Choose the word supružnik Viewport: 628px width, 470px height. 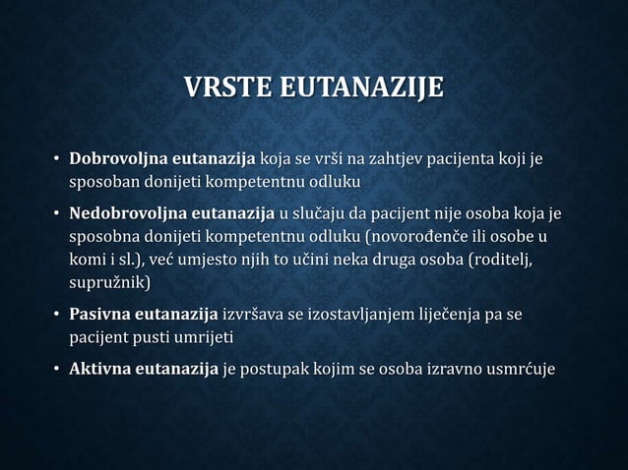109,283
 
